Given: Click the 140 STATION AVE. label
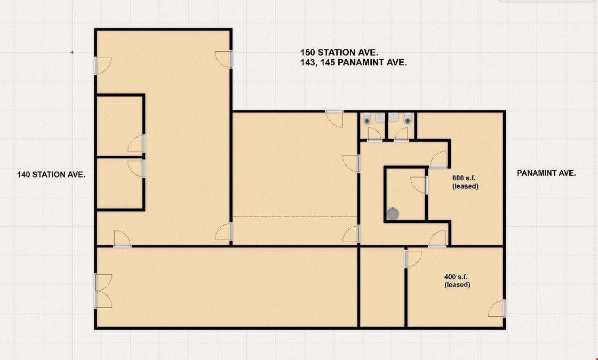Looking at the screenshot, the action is (51, 174).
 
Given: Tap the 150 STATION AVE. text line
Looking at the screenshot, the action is (339, 53).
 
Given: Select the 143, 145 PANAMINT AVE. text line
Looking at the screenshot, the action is (353, 62).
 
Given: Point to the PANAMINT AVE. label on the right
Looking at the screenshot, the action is (546, 173).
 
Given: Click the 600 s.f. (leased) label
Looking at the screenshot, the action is (465, 182).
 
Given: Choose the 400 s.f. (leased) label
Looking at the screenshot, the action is (457, 281).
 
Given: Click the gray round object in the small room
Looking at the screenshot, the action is (393, 214).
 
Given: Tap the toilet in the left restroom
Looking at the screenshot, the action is (367, 119).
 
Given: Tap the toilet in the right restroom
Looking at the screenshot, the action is (408, 119).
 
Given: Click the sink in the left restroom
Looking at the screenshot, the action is (380, 118).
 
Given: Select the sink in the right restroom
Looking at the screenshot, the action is (394, 118).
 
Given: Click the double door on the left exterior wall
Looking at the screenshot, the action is (103, 291).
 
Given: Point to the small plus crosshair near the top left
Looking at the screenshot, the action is (72, 52).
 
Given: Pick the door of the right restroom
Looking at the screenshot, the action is (401, 134).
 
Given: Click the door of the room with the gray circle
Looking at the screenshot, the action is (419, 185).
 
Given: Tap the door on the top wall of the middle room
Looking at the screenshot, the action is (334, 118).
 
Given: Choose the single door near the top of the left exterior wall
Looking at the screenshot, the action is (102, 66).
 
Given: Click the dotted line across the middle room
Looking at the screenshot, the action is (295, 217).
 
